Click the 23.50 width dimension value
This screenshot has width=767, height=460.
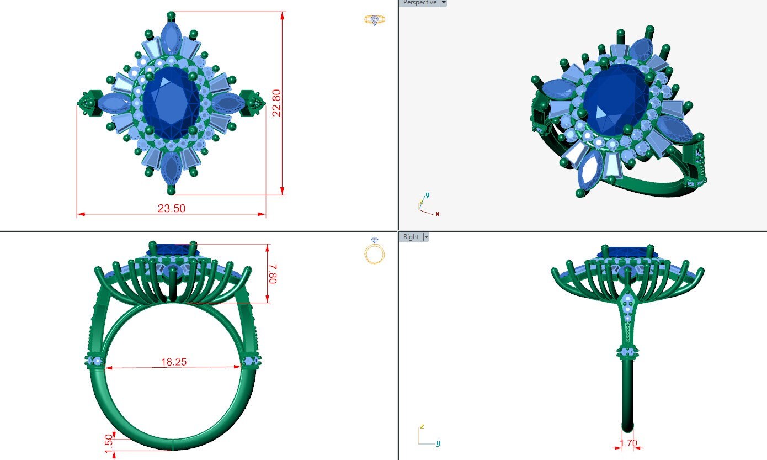172,208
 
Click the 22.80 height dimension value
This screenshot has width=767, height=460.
276,103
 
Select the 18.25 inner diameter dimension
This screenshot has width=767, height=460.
174,362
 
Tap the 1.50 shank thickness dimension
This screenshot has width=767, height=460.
109,441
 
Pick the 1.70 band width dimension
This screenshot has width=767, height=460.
628,443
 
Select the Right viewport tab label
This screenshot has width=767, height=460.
411,237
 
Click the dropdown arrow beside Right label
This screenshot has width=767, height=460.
425,237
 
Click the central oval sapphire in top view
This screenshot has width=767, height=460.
171,103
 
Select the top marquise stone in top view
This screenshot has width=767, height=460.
171,40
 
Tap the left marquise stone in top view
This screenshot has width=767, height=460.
113,103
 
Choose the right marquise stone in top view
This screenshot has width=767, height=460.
228,103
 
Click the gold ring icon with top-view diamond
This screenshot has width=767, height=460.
375,20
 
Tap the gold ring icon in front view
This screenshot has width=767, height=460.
375,252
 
